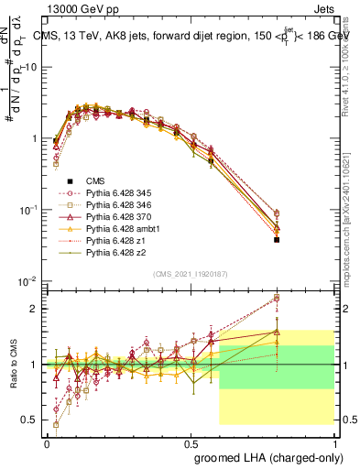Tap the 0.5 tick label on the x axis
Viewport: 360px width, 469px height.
coord(191,442)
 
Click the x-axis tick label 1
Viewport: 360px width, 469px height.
coord(335,442)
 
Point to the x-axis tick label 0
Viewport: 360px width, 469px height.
coord(47,442)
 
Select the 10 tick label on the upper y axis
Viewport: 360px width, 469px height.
coord(32,67)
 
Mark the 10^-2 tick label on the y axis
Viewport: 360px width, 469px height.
coord(28,281)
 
